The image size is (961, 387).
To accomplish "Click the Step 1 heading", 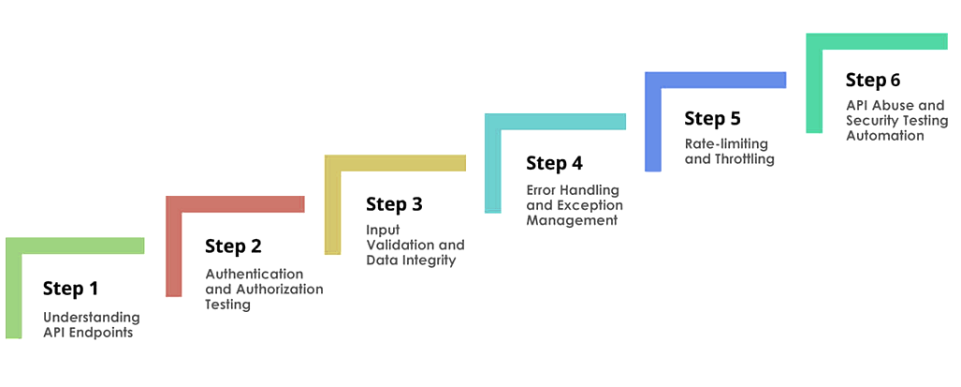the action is (70, 289).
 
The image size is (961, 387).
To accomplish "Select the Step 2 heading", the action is (234, 246).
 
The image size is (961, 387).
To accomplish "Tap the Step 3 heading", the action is (395, 204).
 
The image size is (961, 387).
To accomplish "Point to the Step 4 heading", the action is (555, 163).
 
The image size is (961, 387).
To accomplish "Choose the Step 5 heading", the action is (713, 118).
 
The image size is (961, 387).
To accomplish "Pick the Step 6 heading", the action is (873, 80).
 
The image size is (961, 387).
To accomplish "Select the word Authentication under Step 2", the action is (255, 274).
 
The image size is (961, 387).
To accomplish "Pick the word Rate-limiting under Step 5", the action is (726, 144).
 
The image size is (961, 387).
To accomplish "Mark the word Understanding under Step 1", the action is (92, 318).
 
